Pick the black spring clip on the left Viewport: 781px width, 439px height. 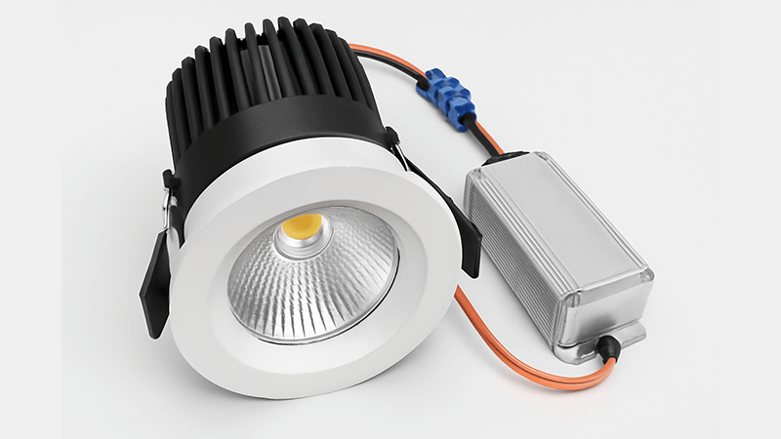point(156,283)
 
